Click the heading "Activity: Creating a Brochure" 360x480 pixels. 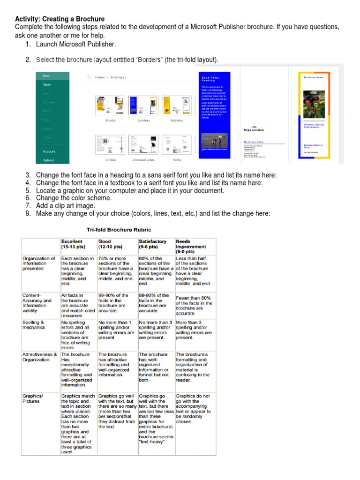(60, 19)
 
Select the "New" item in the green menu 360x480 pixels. (46, 75)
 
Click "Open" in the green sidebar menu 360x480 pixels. (47, 85)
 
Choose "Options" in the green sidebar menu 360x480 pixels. (49, 160)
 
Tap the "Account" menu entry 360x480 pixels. (49, 151)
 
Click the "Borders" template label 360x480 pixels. (143, 120)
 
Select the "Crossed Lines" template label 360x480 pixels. (143, 160)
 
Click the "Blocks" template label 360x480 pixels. (110, 120)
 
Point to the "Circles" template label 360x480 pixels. (110, 160)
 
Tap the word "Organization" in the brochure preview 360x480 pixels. (254, 130)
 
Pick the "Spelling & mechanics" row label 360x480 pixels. (34, 325)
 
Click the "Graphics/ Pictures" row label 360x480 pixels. (32, 398)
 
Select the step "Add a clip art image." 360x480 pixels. (68, 206)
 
